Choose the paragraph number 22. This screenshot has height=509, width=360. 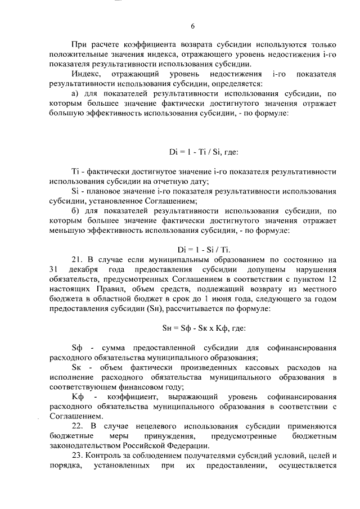pyautogui.click(x=77, y=426)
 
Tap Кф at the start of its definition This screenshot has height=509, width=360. pyautogui.click(x=78, y=397)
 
